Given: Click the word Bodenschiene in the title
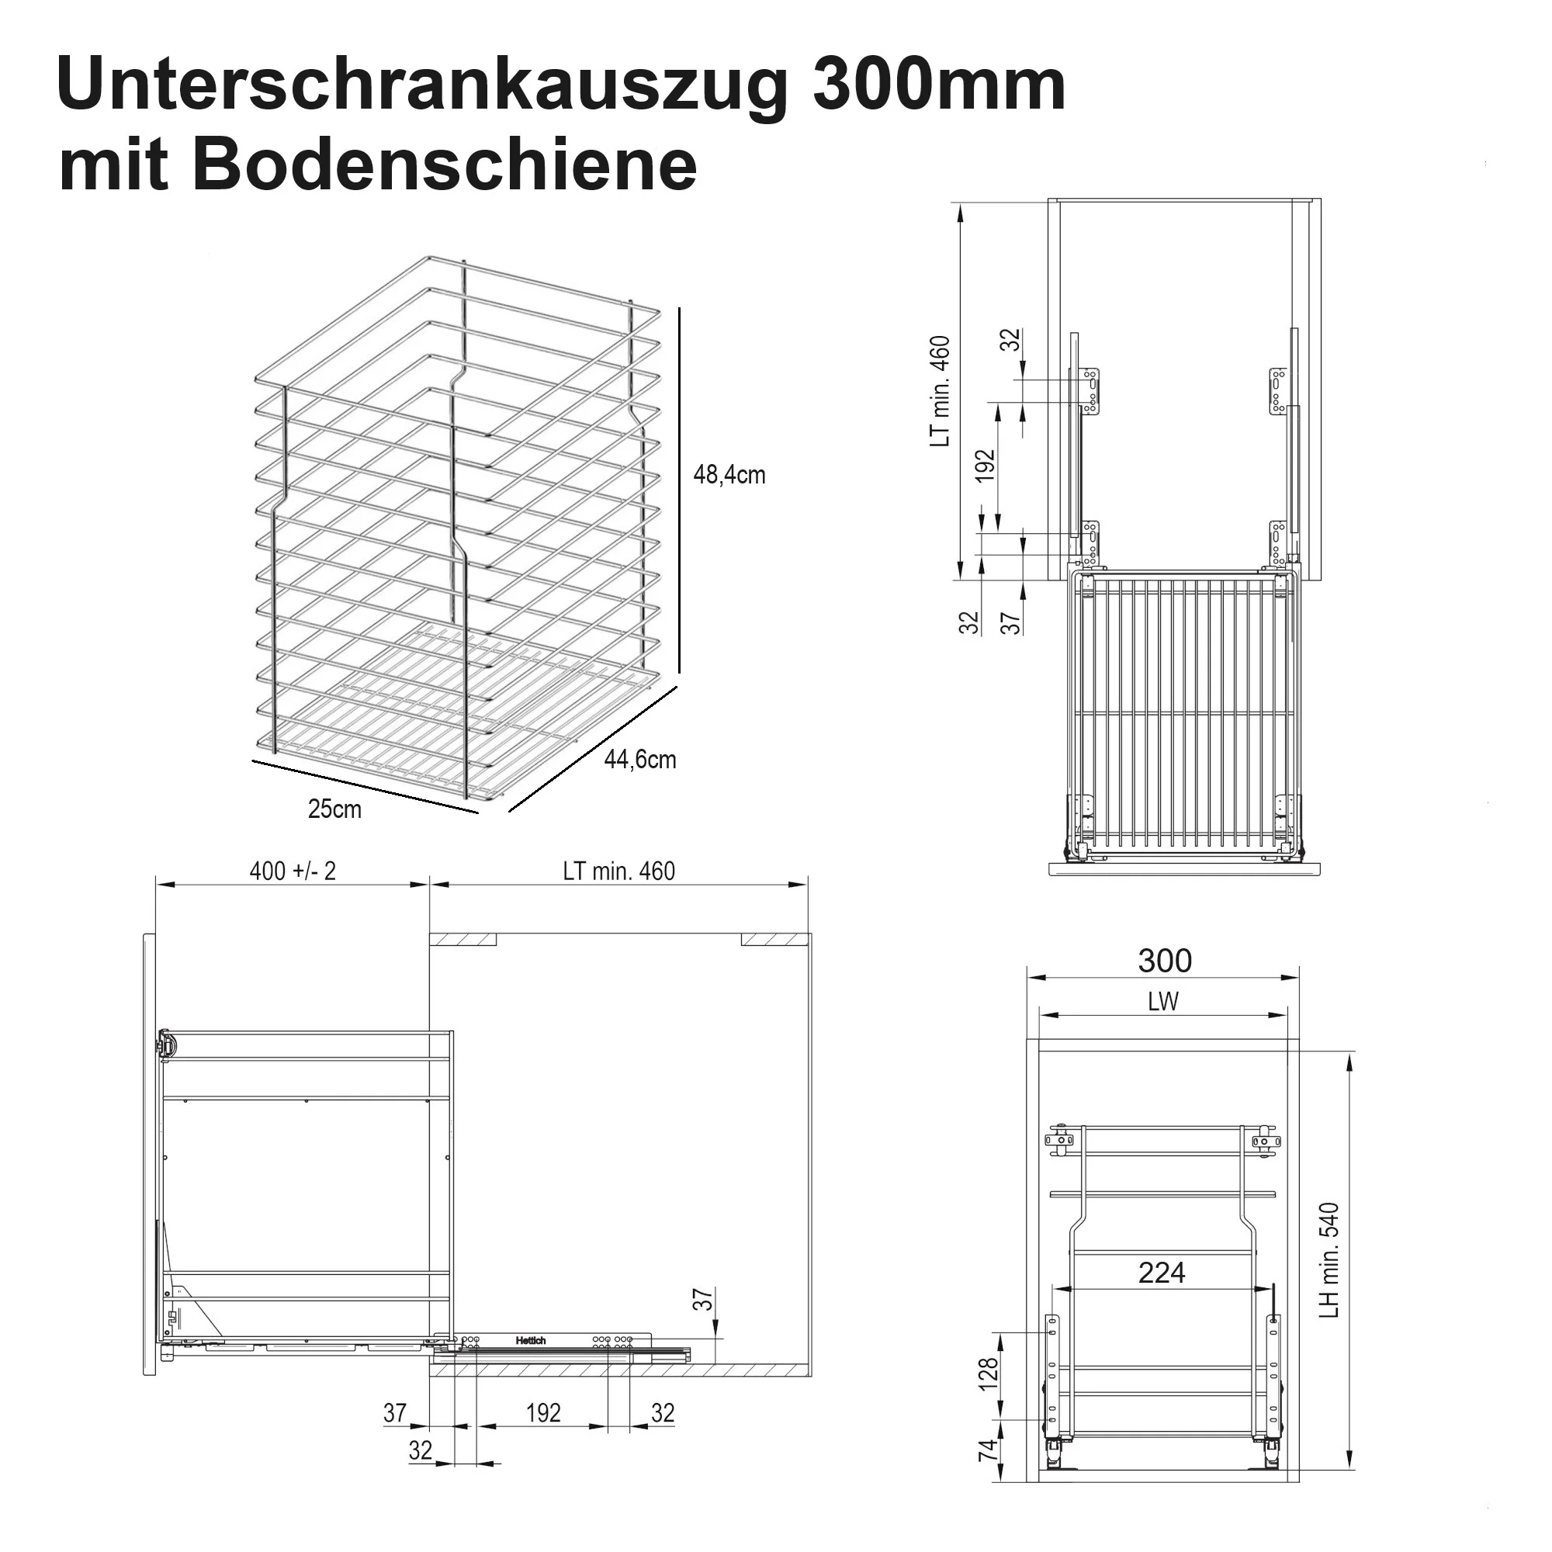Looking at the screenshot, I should click(444, 165).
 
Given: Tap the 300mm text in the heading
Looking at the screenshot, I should click(939, 85).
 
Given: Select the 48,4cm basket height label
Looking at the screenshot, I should click(729, 475).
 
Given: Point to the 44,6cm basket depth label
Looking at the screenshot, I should click(640, 759).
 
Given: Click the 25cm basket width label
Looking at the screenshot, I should click(335, 809).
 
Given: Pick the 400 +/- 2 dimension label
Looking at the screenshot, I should click(293, 871).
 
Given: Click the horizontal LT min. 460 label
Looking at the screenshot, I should click(618, 871).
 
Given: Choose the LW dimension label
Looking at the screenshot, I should click(1163, 1002).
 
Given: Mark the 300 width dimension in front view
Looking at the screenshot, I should click(1165, 961).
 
